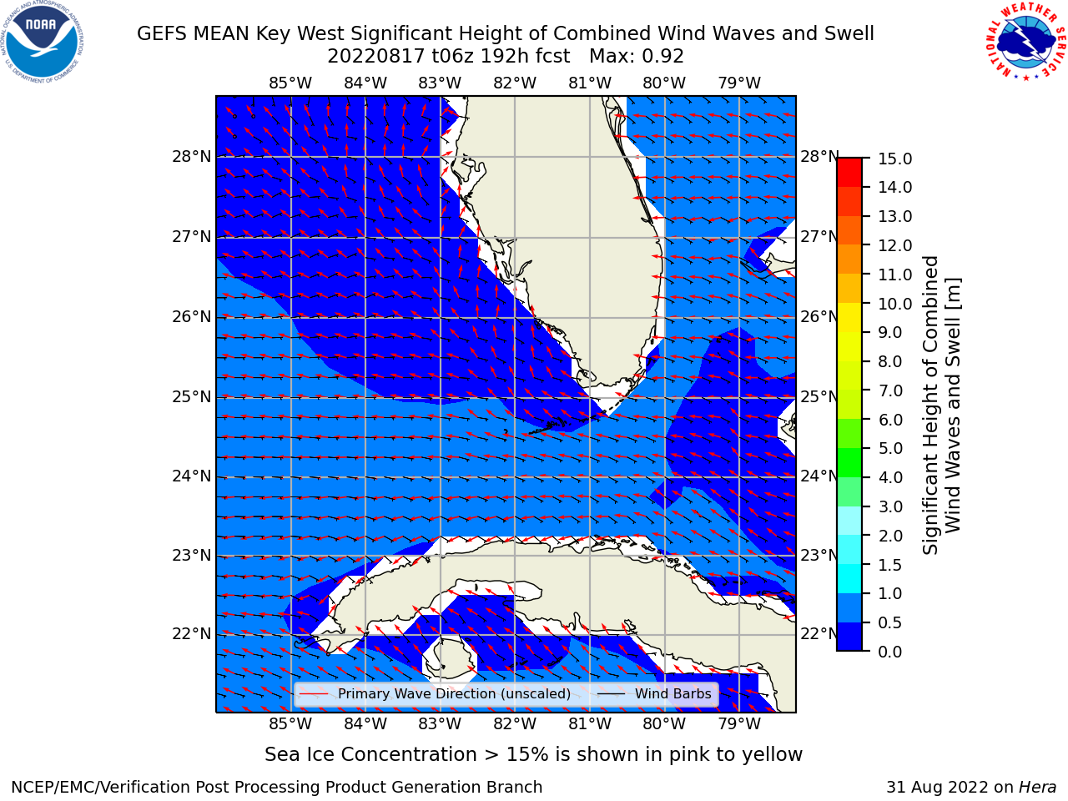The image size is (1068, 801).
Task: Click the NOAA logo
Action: coord(42,42)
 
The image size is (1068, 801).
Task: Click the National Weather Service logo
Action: coord(1025,42)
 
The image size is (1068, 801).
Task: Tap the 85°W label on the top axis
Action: coord(290,83)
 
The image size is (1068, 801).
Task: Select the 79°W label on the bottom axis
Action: coord(739,724)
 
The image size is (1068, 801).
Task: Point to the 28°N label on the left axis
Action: coord(192,157)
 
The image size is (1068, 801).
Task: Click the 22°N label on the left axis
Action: coord(192,634)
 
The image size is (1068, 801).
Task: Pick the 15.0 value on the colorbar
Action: coord(894,159)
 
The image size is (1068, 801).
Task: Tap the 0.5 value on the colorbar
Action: coord(889,623)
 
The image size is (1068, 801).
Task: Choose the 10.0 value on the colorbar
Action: coord(894,304)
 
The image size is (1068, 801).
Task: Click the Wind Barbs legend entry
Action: coord(654,694)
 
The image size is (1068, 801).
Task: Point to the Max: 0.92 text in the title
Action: coord(637,57)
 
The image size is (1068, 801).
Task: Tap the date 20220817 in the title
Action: coord(376,57)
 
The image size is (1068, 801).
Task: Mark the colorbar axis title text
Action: coord(941,406)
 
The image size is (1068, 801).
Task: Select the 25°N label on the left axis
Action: coord(192,397)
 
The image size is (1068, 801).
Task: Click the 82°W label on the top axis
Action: coord(515,83)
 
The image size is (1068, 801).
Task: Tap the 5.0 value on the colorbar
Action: coord(889,449)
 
